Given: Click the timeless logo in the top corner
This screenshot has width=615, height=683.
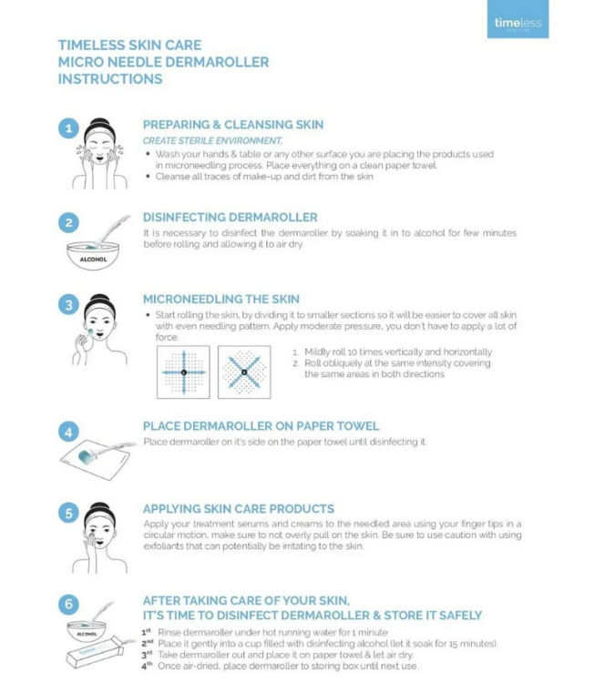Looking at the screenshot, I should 518,23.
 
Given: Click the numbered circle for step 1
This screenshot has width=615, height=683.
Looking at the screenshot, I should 69,128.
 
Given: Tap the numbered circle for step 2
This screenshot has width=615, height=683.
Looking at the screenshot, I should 69,221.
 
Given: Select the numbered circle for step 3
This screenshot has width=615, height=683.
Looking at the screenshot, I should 69,304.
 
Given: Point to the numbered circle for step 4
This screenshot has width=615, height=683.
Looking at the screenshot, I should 69,431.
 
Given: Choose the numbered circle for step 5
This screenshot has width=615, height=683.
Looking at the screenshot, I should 69,514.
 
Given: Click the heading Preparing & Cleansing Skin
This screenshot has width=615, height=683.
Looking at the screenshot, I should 232,125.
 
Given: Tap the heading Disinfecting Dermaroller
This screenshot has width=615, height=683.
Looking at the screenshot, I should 230,217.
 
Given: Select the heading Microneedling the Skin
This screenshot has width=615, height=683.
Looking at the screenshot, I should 221,299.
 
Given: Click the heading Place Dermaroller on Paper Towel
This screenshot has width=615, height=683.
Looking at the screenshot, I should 261,425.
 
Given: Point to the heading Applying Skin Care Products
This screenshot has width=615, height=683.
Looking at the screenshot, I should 238,508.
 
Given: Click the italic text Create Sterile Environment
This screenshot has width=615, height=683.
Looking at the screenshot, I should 212,140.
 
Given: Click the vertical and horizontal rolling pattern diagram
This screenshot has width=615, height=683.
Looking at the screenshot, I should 183,372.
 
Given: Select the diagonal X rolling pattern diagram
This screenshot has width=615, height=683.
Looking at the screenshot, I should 243,372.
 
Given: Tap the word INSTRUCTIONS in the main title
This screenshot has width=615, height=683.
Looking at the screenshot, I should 110,79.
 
